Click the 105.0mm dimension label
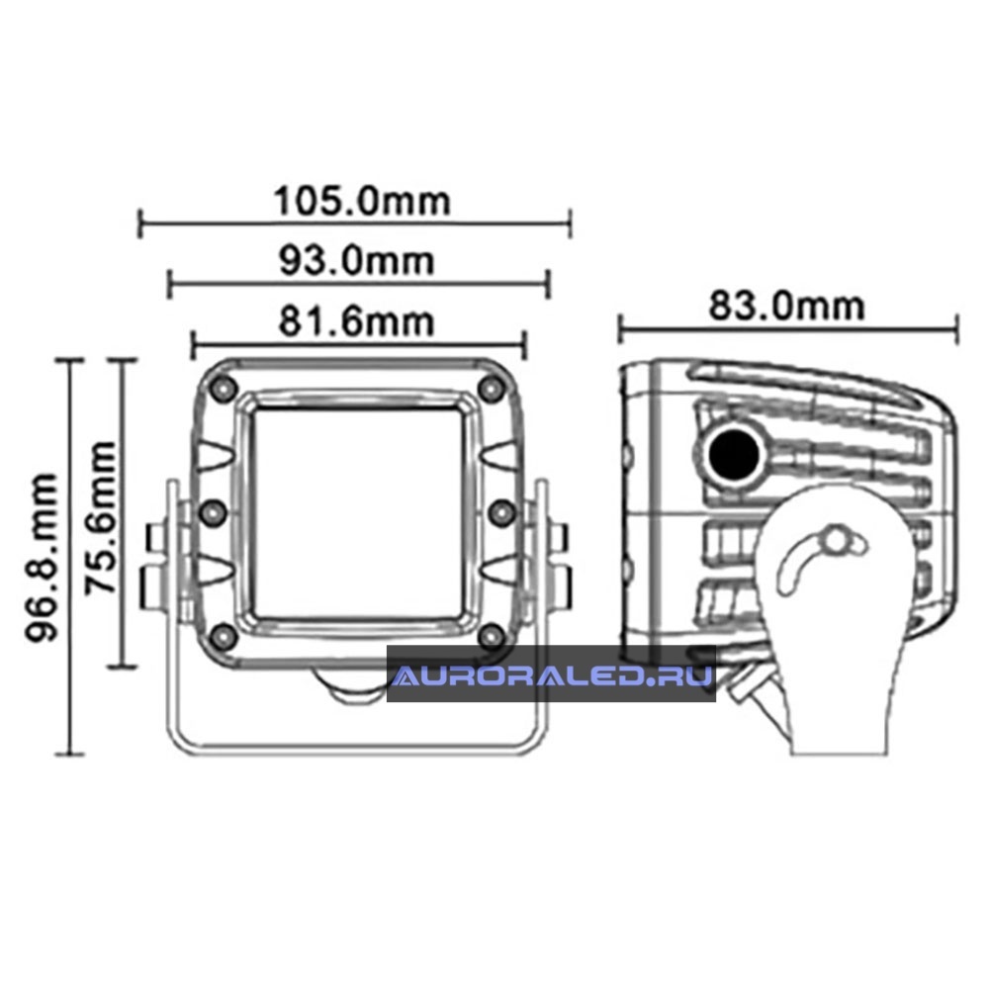[362, 201]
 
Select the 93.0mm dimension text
[357, 260]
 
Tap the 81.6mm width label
[357, 321]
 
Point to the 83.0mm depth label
[786, 306]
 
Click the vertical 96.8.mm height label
[42, 558]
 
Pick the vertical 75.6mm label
[101, 518]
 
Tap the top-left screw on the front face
[224, 388]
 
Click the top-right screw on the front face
[492, 388]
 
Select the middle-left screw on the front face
[214, 512]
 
